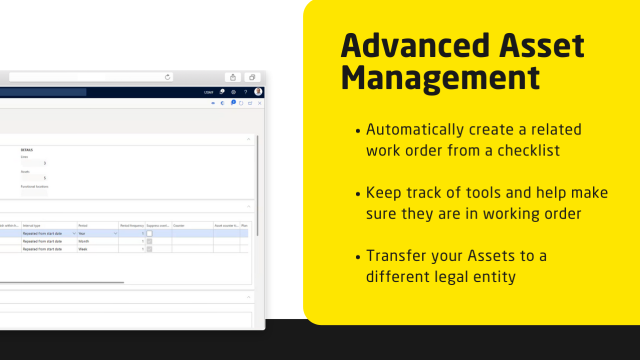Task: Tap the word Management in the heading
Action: pos(440,77)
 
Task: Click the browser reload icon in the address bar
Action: pos(167,77)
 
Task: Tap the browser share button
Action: pos(232,77)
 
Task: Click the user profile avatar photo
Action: pos(258,92)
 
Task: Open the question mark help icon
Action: pos(245,92)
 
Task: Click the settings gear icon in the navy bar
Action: pos(233,92)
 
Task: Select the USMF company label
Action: pos(208,92)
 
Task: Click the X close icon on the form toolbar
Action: pos(259,103)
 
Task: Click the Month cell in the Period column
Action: pos(83,241)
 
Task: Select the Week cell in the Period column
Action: pos(83,249)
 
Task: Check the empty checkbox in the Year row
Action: pos(149,233)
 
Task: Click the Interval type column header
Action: pos(31,225)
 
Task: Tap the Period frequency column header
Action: pos(132,225)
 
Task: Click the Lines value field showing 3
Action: pos(34,163)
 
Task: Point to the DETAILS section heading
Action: pos(26,150)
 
